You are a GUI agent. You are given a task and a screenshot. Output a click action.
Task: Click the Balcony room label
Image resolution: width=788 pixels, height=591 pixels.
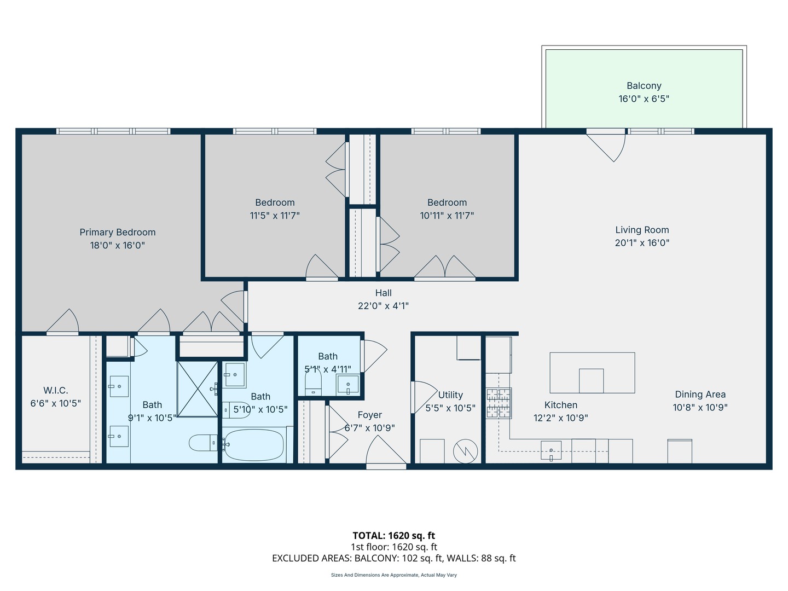[644, 86]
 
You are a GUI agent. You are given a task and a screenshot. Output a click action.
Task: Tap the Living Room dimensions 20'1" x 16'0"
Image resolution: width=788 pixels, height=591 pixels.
[642, 243]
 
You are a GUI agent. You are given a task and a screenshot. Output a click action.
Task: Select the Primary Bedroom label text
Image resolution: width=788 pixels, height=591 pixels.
[118, 233]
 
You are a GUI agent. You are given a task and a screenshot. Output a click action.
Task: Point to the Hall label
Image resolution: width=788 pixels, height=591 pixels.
[383, 293]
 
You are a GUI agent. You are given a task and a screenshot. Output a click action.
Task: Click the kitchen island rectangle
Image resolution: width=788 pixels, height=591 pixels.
[592, 372]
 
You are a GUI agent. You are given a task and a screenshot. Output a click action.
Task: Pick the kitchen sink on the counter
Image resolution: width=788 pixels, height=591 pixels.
[551, 451]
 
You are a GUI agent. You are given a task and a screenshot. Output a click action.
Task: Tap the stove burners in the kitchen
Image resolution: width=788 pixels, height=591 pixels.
[499, 403]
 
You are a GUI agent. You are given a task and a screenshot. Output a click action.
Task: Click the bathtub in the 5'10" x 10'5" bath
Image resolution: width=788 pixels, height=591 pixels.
[254, 445]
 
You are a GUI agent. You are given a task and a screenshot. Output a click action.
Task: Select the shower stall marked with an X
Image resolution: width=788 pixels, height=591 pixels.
[197, 389]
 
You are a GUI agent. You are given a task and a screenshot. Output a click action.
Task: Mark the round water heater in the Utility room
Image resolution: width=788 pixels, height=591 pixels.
[465, 451]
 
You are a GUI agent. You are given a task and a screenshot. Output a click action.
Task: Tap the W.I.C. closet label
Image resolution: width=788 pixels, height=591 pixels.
[56, 391]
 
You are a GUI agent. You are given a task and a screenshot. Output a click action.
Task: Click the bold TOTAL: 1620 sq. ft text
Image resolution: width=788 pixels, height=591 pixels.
[393, 536]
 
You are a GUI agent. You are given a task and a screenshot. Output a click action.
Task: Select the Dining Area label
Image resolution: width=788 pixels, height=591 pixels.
[700, 395]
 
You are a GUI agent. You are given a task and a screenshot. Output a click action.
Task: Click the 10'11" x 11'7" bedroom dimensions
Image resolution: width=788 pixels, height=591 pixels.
[447, 216]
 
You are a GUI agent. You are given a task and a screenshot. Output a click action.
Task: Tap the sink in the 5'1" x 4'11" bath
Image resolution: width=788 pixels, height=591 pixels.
[348, 385]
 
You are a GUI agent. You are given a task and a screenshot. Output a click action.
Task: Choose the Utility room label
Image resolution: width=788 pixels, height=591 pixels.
[450, 395]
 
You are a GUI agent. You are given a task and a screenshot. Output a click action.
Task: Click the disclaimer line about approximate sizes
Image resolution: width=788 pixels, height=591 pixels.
[393, 575]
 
